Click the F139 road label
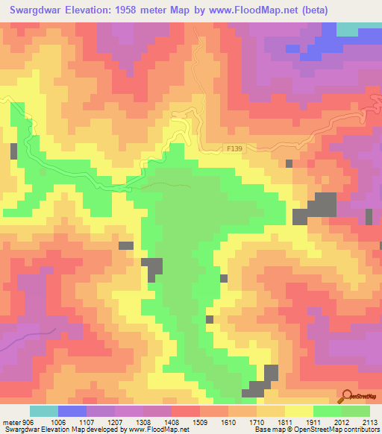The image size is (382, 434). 234,149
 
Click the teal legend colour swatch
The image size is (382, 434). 44,411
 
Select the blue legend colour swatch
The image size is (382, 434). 72,411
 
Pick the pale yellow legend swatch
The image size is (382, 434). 298,411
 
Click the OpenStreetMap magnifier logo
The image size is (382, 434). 346,397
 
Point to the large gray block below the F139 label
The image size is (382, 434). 322,207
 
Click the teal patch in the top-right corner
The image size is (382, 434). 347,28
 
